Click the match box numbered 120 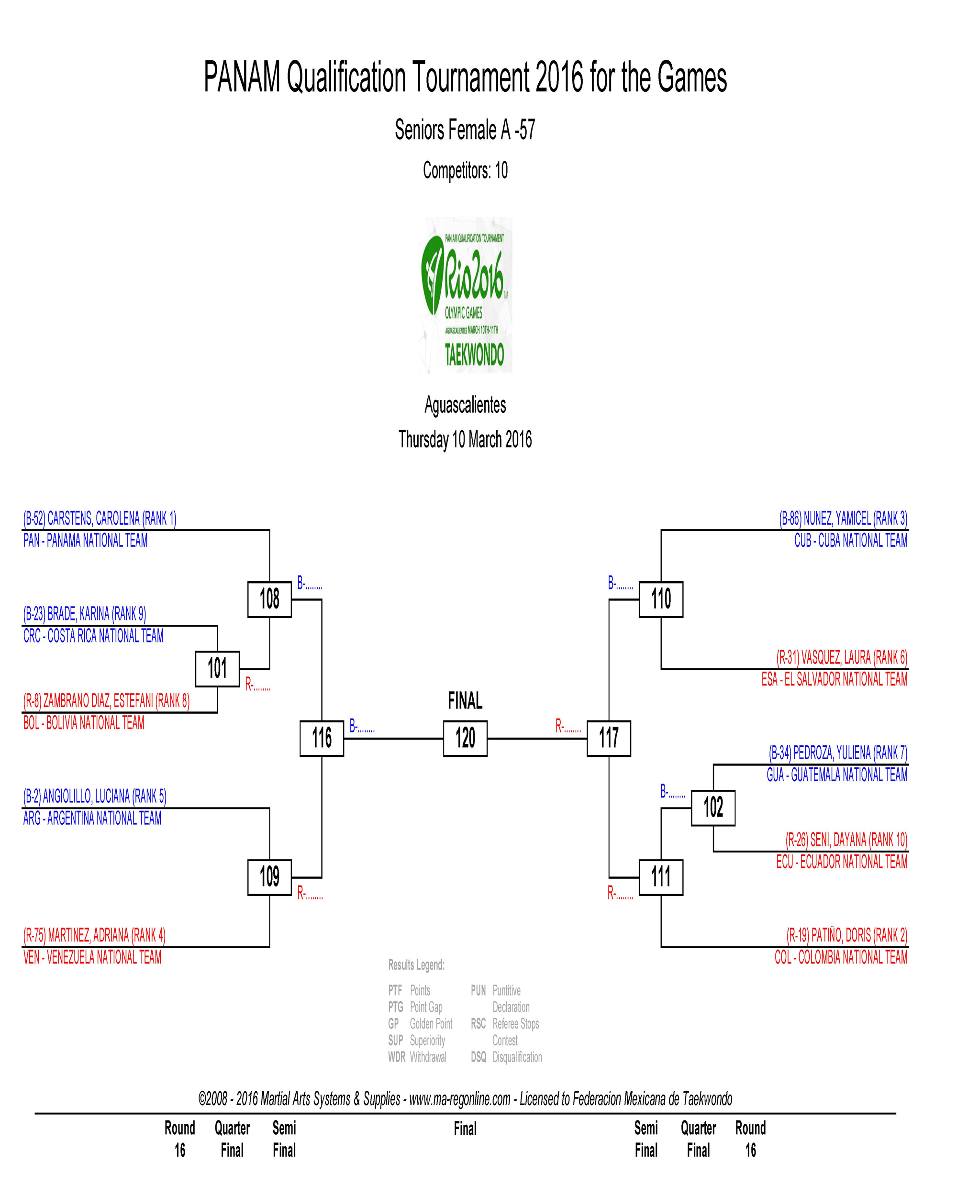[465, 738]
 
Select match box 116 [322, 738]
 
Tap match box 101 [217, 668]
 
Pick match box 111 [661, 877]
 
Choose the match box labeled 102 [713, 808]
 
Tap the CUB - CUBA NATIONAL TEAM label [850, 540]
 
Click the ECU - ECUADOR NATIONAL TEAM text [842, 862]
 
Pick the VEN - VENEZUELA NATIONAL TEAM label [92, 957]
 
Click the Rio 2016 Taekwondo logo [466, 295]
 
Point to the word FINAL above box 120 [465, 701]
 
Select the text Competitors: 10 [465, 170]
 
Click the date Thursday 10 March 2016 [465, 439]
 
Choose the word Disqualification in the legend [517, 1057]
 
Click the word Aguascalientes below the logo [465, 405]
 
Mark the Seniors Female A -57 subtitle [465, 130]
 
